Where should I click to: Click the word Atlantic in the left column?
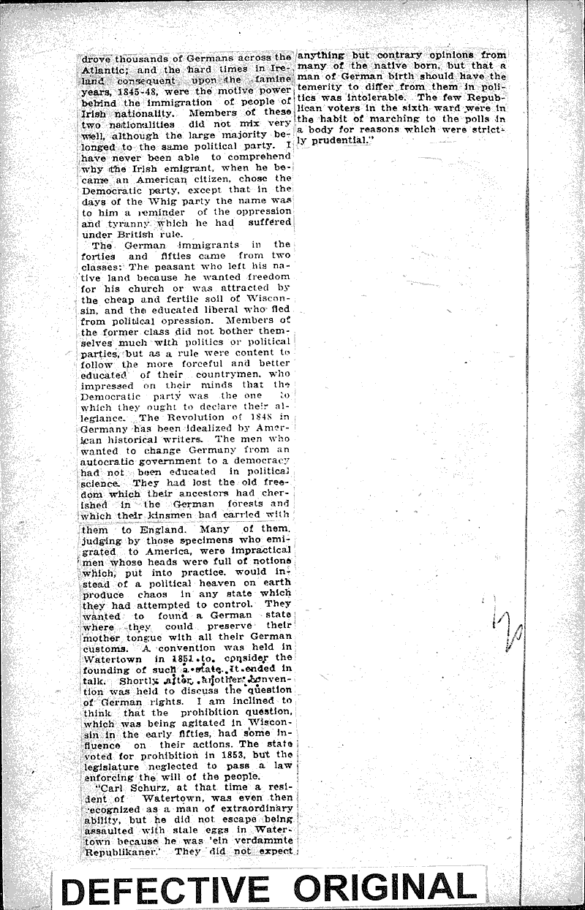pyautogui.click(x=99, y=67)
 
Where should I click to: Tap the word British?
pyautogui.click(x=162, y=234)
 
